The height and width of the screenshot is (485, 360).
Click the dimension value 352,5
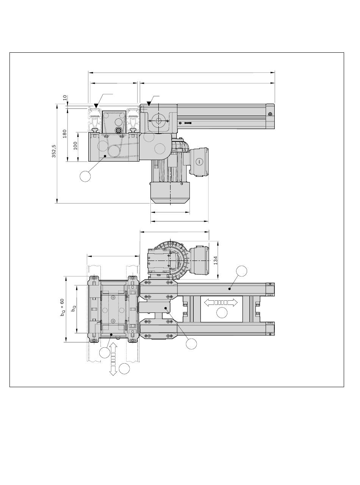(x=54, y=151)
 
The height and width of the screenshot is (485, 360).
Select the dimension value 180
(x=64, y=133)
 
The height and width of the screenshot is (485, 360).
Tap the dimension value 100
(x=75, y=146)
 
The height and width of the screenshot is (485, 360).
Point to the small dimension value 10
(x=65, y=97)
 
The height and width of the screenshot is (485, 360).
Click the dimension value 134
(x=215, y=261)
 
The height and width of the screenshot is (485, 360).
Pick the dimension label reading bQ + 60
(x=62, y=308)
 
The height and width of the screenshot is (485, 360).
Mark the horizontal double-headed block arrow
(x=221, y=303)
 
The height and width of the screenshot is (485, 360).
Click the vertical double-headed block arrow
(x=113, y=359)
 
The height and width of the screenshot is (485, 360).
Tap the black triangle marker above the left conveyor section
(x=96, y=106)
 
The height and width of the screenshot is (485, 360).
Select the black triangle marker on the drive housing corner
(x=149, y=104)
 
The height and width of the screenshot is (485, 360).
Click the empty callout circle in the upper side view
(x=85, y=176)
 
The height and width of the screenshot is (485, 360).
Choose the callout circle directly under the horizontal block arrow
(x=222, y=312)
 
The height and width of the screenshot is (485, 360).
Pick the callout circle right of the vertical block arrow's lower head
(x=124, y=369)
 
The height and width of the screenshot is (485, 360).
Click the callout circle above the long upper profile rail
(x=241, y=271)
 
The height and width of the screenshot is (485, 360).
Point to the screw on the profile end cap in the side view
(x=270, y=114)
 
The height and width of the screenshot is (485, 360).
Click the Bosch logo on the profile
(x=188, y=123)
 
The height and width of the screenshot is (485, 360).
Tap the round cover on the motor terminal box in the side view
(x=199, y=162)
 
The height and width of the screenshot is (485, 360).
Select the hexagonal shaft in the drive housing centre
(x=158, y=121)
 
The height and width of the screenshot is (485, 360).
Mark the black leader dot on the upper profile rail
(x=230, y=289)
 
